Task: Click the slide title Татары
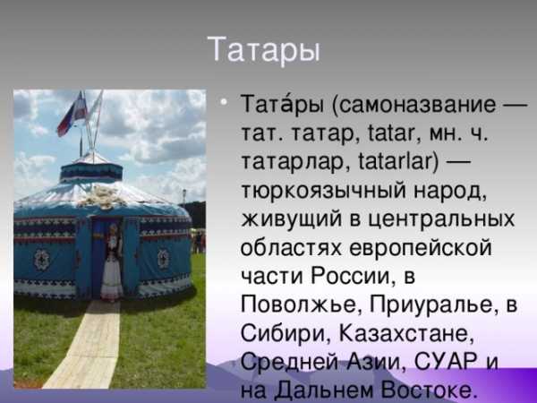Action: (263, 50)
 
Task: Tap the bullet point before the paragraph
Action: (224, 101)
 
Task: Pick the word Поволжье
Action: (298, 304)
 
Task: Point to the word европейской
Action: (421, 247)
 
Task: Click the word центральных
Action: (441, 219)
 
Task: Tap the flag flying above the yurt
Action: (72, 113)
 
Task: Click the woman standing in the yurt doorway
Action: (112, 263)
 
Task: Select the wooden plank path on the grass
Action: (83, 345)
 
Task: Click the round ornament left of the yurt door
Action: (42, 260)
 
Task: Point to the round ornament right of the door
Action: (164, 259)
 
